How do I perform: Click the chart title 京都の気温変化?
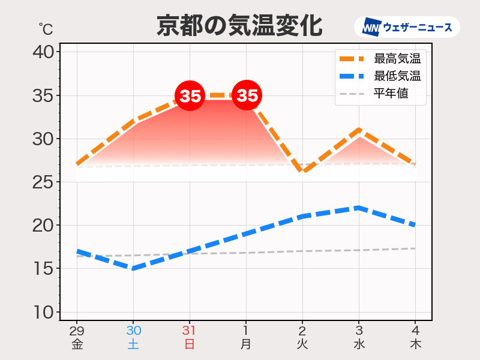point(239,26)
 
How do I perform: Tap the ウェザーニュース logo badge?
point(407,27)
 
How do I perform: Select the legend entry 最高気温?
point(380,58)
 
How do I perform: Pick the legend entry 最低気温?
point(380,76)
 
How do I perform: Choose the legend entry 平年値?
point(374,94)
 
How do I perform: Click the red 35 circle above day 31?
point(190,95)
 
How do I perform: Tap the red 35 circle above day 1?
point(247,95)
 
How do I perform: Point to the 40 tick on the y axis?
point(43,52)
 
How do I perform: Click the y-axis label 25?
point(43,182)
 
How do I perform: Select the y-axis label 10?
point(43,313)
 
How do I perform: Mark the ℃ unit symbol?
point(46,29)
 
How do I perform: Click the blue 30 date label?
point(133,331)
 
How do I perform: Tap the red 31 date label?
point(190,331)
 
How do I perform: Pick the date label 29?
point(77,331)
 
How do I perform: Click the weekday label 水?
point(359,344)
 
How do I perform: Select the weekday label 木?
point(415,344)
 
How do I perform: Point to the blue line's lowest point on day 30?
point(133,268)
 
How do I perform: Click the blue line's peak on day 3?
point(359,208)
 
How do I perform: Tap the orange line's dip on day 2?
point(303,172)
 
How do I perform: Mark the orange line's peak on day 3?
point(359,130)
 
